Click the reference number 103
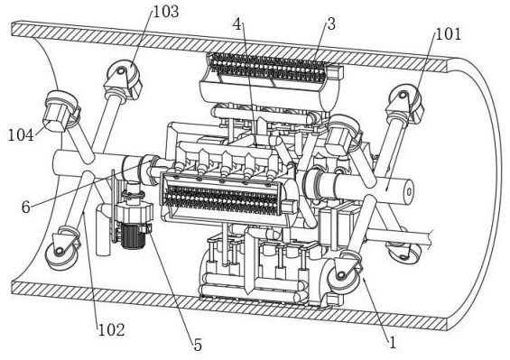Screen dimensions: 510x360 coord(166,12)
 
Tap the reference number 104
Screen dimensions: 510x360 coord(21,135)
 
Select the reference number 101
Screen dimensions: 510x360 coord(449,33)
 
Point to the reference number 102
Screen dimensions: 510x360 coord(112,330)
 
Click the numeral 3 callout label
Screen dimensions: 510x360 coord(331,24)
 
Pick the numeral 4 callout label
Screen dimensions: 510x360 coord(238,24)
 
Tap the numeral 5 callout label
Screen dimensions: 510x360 coord(198,346)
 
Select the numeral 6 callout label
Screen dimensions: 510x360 coord(26,207)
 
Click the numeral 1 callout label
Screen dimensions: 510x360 coord(393,343)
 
